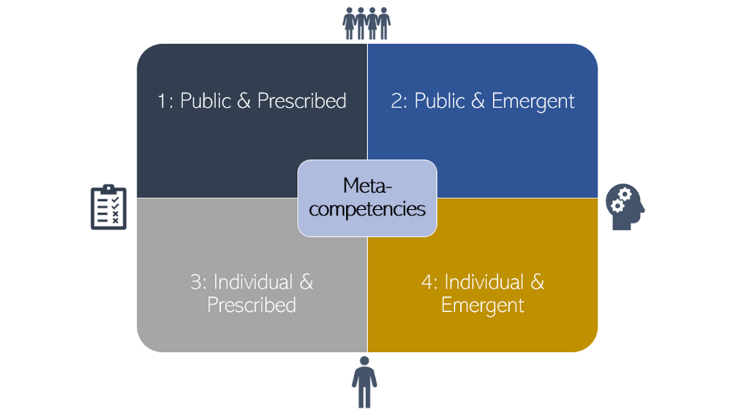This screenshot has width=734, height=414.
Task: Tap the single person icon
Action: point(364,381)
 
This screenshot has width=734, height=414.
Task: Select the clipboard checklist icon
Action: point(108,208)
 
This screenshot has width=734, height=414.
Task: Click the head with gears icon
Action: point(625,208)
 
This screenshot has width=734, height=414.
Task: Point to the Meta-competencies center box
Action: point(367,198)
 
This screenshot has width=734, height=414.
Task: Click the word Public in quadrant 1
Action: point(206,101)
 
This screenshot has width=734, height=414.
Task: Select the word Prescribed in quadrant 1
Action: point(302,101)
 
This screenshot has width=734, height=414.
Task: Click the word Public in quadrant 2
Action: point(440,101)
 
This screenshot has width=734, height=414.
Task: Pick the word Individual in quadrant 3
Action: point(262,282)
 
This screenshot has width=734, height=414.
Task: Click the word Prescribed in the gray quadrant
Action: point(252,305)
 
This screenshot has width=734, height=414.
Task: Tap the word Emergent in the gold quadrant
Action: point(482,305)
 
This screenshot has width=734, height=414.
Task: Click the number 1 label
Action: point(163,101)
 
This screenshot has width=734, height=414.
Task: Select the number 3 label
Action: point(197,282)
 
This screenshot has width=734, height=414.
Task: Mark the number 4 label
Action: point(428,282)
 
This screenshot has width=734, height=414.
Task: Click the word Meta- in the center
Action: point(366,186)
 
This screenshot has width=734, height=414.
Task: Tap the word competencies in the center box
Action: point(367,209)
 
